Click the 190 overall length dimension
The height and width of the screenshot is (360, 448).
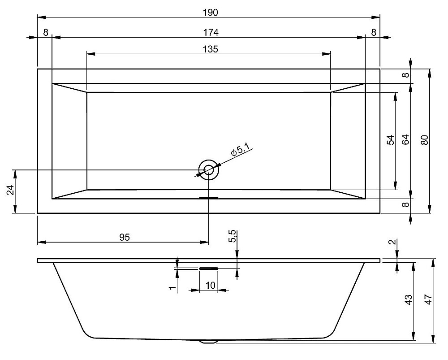(211, 13)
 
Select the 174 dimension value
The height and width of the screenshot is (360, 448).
(211, 33)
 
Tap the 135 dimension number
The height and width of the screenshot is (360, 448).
(211, 49)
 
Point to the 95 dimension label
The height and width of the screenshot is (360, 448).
(125, 237)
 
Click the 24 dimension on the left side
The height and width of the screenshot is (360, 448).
(10, 190)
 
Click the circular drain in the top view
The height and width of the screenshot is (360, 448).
(209, 170)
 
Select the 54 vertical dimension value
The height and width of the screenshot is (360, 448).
(390, 140)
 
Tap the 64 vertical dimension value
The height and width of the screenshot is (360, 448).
(405, 140)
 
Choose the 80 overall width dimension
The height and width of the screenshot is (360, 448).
(425, 140)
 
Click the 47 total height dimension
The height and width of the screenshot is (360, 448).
(429, 299)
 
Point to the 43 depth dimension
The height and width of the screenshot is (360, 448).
(409, 299)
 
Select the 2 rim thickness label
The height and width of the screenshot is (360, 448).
(393, 242)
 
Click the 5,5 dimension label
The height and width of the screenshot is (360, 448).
(233, 236)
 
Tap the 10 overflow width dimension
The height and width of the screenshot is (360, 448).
(210, 286)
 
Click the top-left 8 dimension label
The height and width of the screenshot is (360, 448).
(46, 33)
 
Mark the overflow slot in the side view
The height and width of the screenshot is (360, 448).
(209, 268)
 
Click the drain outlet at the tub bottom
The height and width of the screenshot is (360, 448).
(209, 342)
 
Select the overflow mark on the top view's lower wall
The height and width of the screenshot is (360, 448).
(209, 198)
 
